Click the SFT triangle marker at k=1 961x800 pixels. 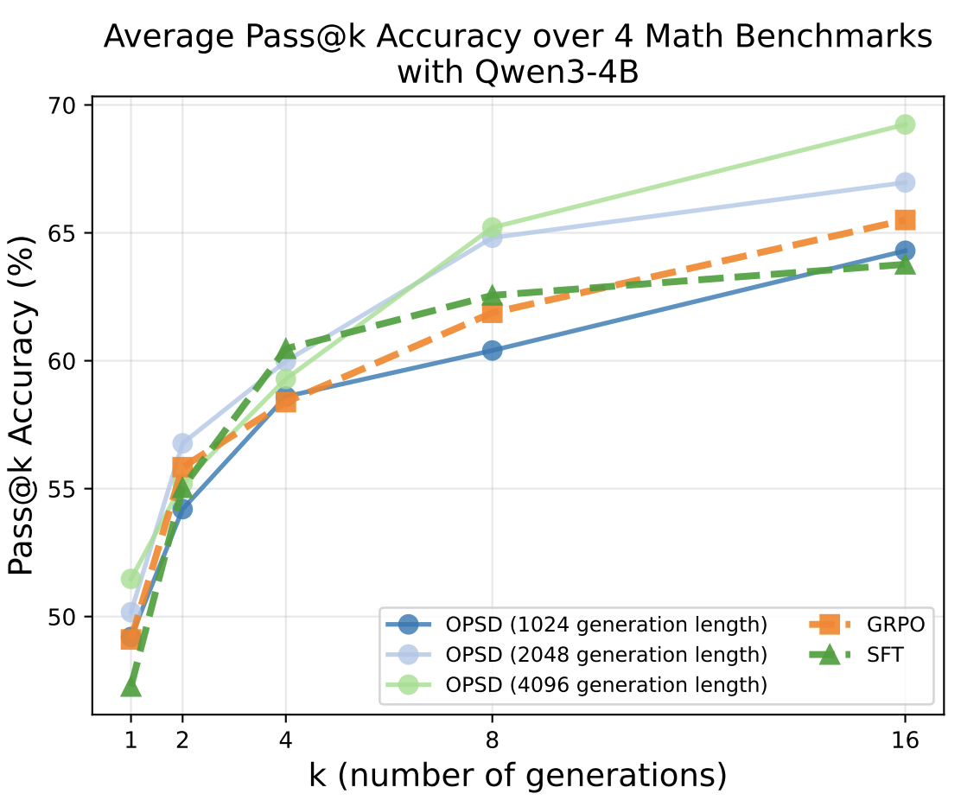pyautogui.click(x=130, y=687)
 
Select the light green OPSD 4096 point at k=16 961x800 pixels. pyautogui.click(x=905, y=124)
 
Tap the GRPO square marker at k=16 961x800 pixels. pyautogui.click(x=905, y=220)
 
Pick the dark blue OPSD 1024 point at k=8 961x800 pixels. pyautogui.click(x=492, y=350)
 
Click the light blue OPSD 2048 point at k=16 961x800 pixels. pyautogui.click(x=905, y=182)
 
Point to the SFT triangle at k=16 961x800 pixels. pyautogui.click(x=905, y=263)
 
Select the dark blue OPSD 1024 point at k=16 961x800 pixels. pyautogui.click(x=905, y=251)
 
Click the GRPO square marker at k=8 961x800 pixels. pyautogui.click(x=492, y=312)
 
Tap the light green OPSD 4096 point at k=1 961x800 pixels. pyautogui.click(x=130, y=578)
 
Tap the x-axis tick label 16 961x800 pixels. pyautogui.click(x=905, y=740)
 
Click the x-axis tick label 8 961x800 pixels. pyautogui.click(x=492, y=740)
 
